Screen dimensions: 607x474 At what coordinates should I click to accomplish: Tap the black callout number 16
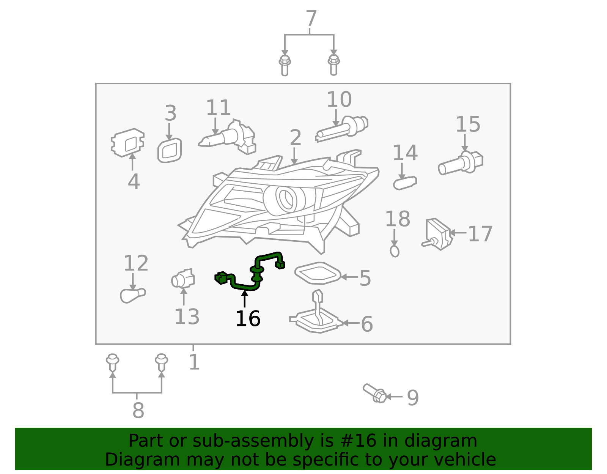(x=248, y=319)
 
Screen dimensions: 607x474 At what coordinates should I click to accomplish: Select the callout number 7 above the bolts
(x=311, y=19)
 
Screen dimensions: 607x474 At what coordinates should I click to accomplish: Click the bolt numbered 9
(x=374, y=393)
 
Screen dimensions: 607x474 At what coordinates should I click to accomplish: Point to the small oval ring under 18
(x=395, y=251)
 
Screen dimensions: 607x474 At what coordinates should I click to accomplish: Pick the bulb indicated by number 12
(x=132, y=296)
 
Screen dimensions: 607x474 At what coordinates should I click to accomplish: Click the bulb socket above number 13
(x=183, y=279)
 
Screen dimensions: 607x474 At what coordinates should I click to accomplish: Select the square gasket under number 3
(x=169, y=151)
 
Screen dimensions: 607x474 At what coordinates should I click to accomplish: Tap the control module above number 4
(x=127, y=142)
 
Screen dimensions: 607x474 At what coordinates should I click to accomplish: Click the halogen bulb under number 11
(x=227, y=137)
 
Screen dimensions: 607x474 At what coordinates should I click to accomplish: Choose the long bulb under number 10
(x=341, y=129)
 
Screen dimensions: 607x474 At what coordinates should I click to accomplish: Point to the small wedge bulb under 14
(x=405, y=183)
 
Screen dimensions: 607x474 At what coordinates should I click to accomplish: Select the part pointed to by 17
(x=437, y=234)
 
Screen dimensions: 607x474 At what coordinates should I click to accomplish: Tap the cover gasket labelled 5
(x=318, y=273)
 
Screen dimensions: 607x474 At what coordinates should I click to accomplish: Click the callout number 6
(x=367, y=324)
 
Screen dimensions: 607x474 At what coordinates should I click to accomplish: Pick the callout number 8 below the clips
(x=138, y=410)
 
